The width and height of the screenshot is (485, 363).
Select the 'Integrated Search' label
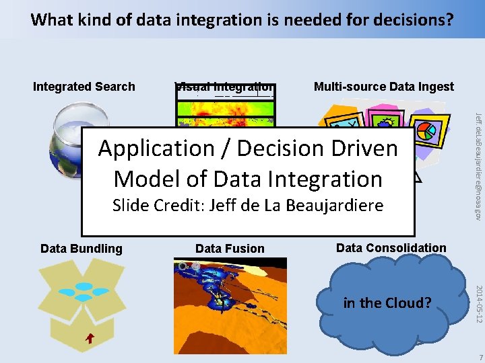(84, 87)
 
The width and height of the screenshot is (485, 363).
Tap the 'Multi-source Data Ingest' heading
(384, 87)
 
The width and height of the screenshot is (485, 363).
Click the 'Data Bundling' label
(82, 249)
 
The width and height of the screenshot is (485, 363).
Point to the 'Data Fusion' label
(230, 249)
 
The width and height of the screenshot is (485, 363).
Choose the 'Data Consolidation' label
(391, 248)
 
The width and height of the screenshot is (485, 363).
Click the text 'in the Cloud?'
(387, 302)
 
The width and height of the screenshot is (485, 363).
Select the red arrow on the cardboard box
(90, 339)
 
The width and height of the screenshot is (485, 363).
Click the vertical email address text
(478, 165)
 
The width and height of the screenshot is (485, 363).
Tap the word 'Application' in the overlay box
(160, 148)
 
